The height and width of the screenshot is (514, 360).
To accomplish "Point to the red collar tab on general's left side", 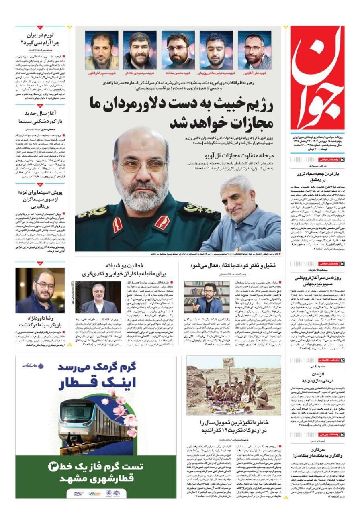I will click(162, 222).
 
